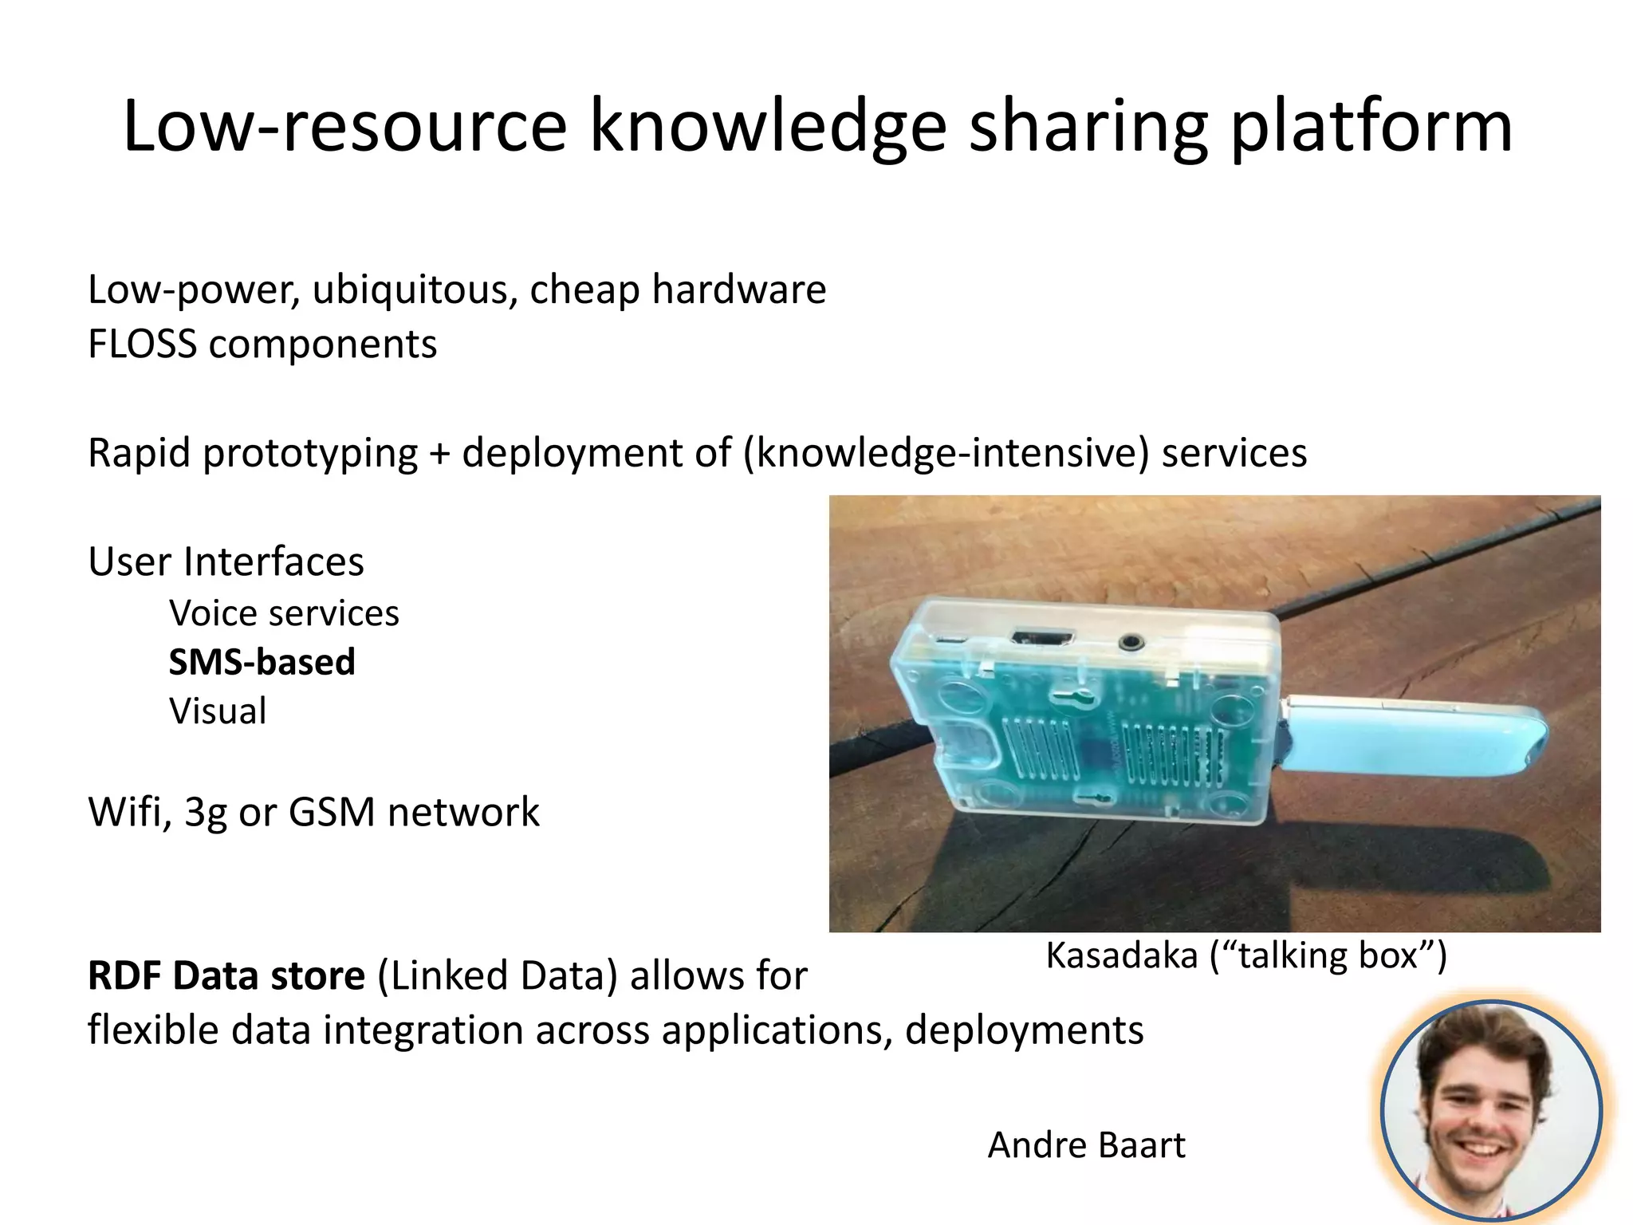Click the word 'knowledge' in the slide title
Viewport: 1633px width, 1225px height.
coord(767,128)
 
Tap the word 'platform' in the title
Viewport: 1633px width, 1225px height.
coord(1371,128)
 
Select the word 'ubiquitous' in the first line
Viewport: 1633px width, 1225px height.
coord(414,290)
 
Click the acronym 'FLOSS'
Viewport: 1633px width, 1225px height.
coord(142,345)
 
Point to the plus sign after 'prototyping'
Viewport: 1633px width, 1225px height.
coord(439,453)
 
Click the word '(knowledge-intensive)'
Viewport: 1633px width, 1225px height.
coord(946,453)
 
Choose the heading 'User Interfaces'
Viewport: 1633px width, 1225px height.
coord(226,561)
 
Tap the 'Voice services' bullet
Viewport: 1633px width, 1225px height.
coord(284,613)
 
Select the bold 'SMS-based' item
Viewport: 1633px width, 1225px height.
coord(262,662)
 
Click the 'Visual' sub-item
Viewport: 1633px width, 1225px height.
coord(218,711)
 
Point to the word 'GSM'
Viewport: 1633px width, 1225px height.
coord(332,812)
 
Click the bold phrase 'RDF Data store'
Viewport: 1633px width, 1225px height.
coord(226,975)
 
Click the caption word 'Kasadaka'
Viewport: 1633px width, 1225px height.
coord(1121,955)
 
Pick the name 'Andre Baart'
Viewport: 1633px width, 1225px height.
coord(1086,1145)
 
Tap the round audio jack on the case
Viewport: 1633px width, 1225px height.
coord(1130,640)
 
